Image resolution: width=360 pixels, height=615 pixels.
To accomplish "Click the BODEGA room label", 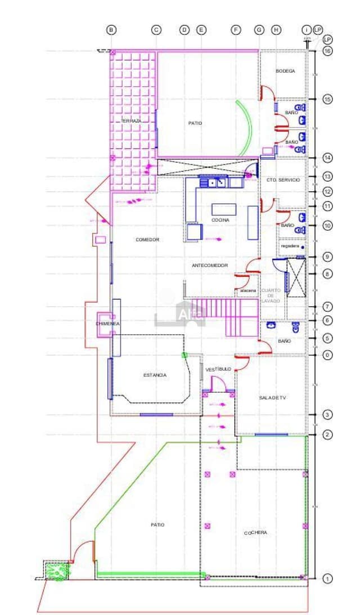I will tap(285, 71).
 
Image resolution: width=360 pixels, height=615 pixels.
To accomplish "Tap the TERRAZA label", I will tap(131, 121).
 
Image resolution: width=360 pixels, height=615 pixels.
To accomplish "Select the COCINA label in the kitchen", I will tap(220, 220).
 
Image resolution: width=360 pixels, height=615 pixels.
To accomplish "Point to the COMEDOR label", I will tap(147, 240).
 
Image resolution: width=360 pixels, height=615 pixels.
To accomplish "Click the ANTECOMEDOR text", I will tap(210, 265).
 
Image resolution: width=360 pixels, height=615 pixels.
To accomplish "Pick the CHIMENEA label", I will tap(107, 324).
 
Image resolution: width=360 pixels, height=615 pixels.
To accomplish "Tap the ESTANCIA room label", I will tap(155, 375).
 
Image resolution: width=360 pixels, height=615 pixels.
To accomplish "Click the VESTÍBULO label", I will tap(218, 369).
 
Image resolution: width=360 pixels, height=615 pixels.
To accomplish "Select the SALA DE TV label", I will tap(273, 398).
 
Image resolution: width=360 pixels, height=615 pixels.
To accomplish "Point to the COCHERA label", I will tap(255, 532).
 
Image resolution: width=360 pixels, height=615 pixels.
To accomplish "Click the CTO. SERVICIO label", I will tap(283, 179).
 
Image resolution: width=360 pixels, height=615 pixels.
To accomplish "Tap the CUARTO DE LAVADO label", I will tap(271, 295).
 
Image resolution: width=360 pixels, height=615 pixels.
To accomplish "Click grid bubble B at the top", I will tap(111, 29).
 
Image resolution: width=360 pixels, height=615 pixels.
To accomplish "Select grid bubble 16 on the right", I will tap(327, 51).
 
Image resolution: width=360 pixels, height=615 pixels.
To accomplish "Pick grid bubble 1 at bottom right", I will tap(327, 578).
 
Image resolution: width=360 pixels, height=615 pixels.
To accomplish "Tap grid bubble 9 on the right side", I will tap(327, 257).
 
